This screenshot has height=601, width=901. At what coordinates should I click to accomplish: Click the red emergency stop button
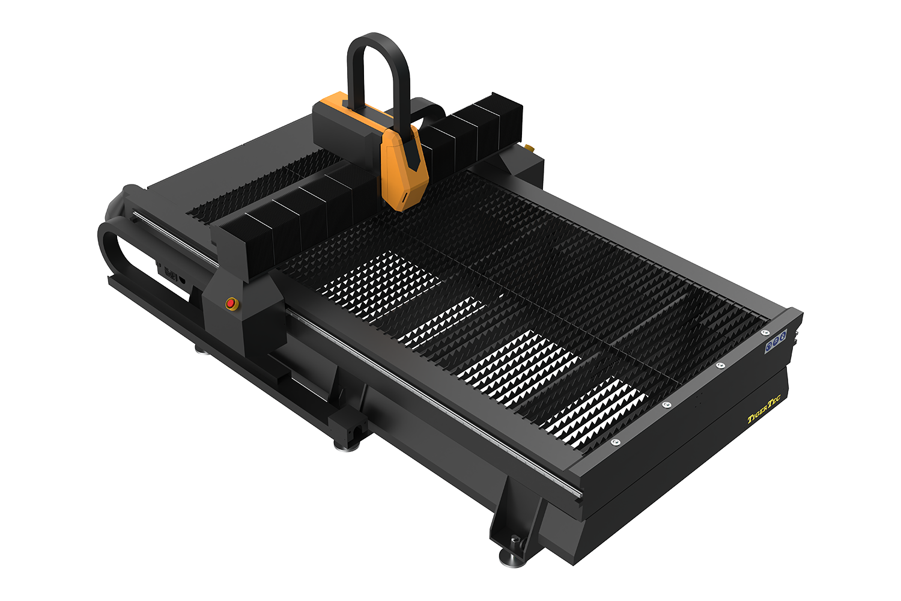point(231,303)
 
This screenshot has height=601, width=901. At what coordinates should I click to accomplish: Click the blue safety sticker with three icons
point(776,341)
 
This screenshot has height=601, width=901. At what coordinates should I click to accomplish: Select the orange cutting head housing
point(404,168)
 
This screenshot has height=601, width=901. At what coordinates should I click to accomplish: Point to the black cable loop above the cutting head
point(378,40)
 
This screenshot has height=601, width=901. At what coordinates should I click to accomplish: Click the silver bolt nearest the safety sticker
point(765,332)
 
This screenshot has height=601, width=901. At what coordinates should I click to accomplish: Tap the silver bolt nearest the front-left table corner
point(614,442)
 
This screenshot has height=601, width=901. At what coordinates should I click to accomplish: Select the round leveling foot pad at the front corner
point(512,560)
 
